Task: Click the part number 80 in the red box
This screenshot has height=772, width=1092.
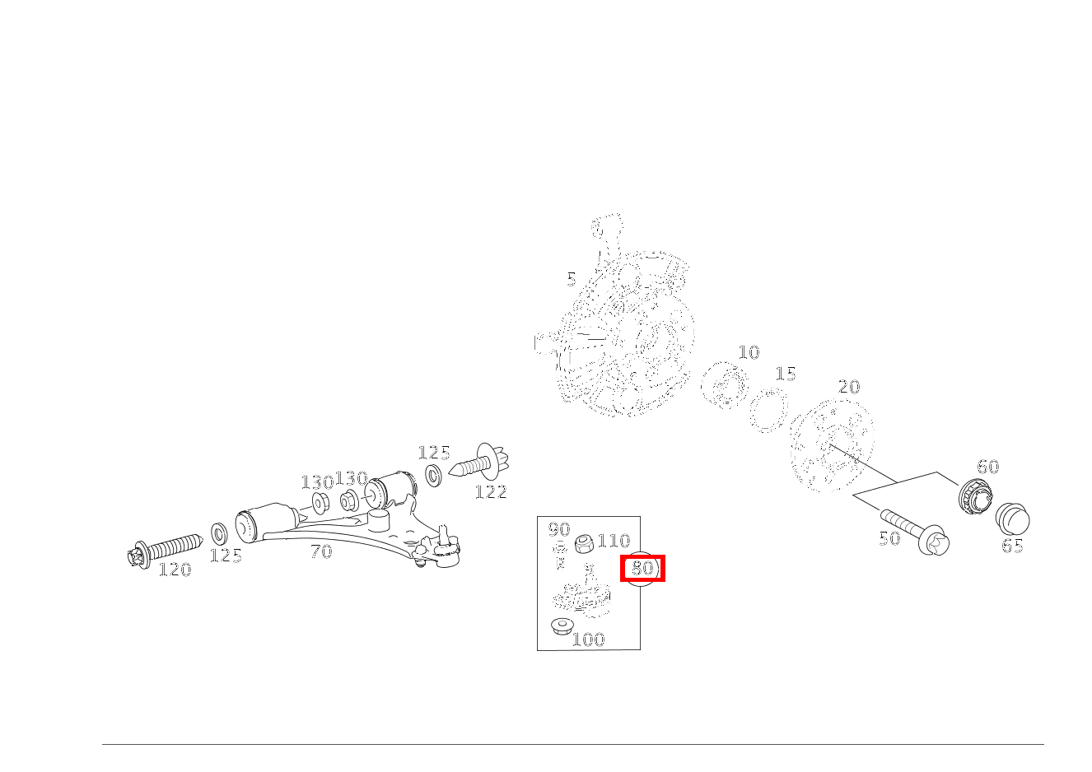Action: click(642, 568)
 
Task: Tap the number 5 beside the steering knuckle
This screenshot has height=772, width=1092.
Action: click(572, 280)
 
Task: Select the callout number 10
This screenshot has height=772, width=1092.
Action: click(749, 352)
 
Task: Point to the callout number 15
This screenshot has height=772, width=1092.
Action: click(786, 374)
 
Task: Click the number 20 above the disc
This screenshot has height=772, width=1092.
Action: click(849, 387)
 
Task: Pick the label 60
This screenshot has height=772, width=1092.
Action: click(987, 467)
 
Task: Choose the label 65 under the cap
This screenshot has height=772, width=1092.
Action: click(1012, 546)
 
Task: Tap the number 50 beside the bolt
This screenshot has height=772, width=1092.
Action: click(889, 538)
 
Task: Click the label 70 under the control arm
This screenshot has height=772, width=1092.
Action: click(321, 551)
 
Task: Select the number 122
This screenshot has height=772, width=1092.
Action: click(491, 492)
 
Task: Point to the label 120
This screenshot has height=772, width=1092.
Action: click(175, 570)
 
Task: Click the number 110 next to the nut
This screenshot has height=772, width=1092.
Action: click(614, 541)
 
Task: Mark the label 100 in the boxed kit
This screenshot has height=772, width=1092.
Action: click(588, 639)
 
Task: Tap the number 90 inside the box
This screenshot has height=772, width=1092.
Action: click(559, 529)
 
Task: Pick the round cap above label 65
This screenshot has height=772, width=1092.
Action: click(1012, 520)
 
